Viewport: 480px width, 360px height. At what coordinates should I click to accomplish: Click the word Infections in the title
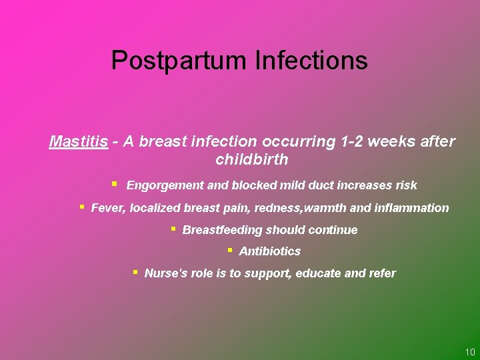(x=311, y=61)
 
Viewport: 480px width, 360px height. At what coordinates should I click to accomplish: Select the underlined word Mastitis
(x=79, y=141)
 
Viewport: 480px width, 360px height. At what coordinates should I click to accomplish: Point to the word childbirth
(x=252, y=159)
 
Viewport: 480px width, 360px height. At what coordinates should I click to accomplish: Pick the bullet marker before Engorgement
(x=114, y=183)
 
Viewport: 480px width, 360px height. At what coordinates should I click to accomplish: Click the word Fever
(x=107, y=208)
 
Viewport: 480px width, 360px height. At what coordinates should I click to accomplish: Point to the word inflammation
(x=412, y=208)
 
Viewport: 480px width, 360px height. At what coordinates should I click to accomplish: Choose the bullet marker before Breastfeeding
(x=172, y=228)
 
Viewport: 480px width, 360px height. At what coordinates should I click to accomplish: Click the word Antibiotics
(x=269, y=251)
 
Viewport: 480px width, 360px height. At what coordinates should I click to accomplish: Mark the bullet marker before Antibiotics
(x=229, y=249)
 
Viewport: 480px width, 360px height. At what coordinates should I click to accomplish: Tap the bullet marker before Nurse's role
(x=135, y=271)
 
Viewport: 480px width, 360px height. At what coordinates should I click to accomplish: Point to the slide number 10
(x=469, y=352)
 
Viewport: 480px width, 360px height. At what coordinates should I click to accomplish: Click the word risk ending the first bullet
(x=405, y=185)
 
